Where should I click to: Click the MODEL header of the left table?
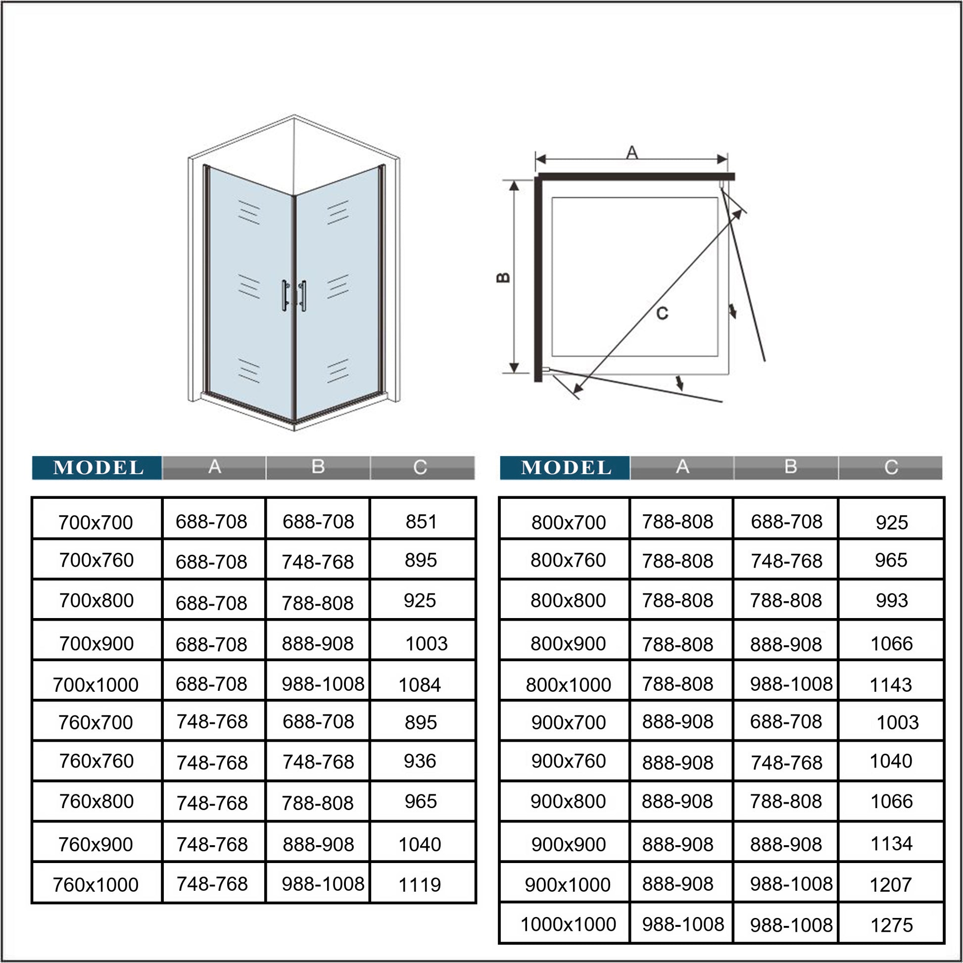coord(97,468)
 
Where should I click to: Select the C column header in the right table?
coord(891,468)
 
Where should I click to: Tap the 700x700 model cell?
coord(96,523)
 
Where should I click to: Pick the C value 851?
coord(421,522)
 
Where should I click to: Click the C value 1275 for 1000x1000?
coord(891,925)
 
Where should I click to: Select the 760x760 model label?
coord(96,761)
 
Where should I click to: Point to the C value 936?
coord(420,761)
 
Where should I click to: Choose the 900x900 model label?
coord(568,844)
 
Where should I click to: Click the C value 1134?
coord(891,844)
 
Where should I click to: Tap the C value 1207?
coord(891,885)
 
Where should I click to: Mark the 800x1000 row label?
coord(568,685)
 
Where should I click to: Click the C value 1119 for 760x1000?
coord(420,885)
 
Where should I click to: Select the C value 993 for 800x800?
coord(892,601)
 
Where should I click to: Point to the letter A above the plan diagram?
coord(632,152)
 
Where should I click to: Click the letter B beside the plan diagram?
coord(503,278)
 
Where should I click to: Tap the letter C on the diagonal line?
coord(662,314)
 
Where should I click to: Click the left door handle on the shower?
coord(285,295)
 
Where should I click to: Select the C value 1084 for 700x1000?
coord(420,685)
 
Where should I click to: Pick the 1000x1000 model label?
coord(568,924)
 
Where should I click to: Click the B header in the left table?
coord(318,467)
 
